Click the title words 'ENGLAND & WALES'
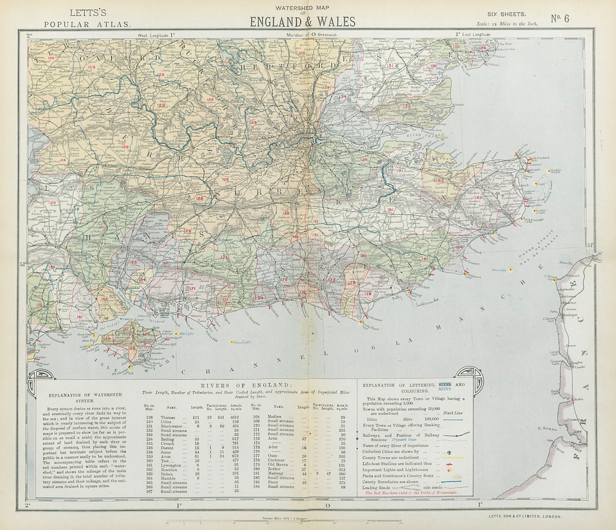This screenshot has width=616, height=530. point(302,22)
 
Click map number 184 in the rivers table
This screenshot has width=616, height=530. point(255,487)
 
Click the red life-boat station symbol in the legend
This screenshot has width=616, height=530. point(447,464)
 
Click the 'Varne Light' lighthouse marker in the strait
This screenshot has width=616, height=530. point(511,269)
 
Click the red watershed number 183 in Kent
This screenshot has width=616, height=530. point(479,198)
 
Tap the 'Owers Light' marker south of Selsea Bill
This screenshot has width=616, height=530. point(231,342)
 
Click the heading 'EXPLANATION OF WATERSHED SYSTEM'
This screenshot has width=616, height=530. point(83,397)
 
